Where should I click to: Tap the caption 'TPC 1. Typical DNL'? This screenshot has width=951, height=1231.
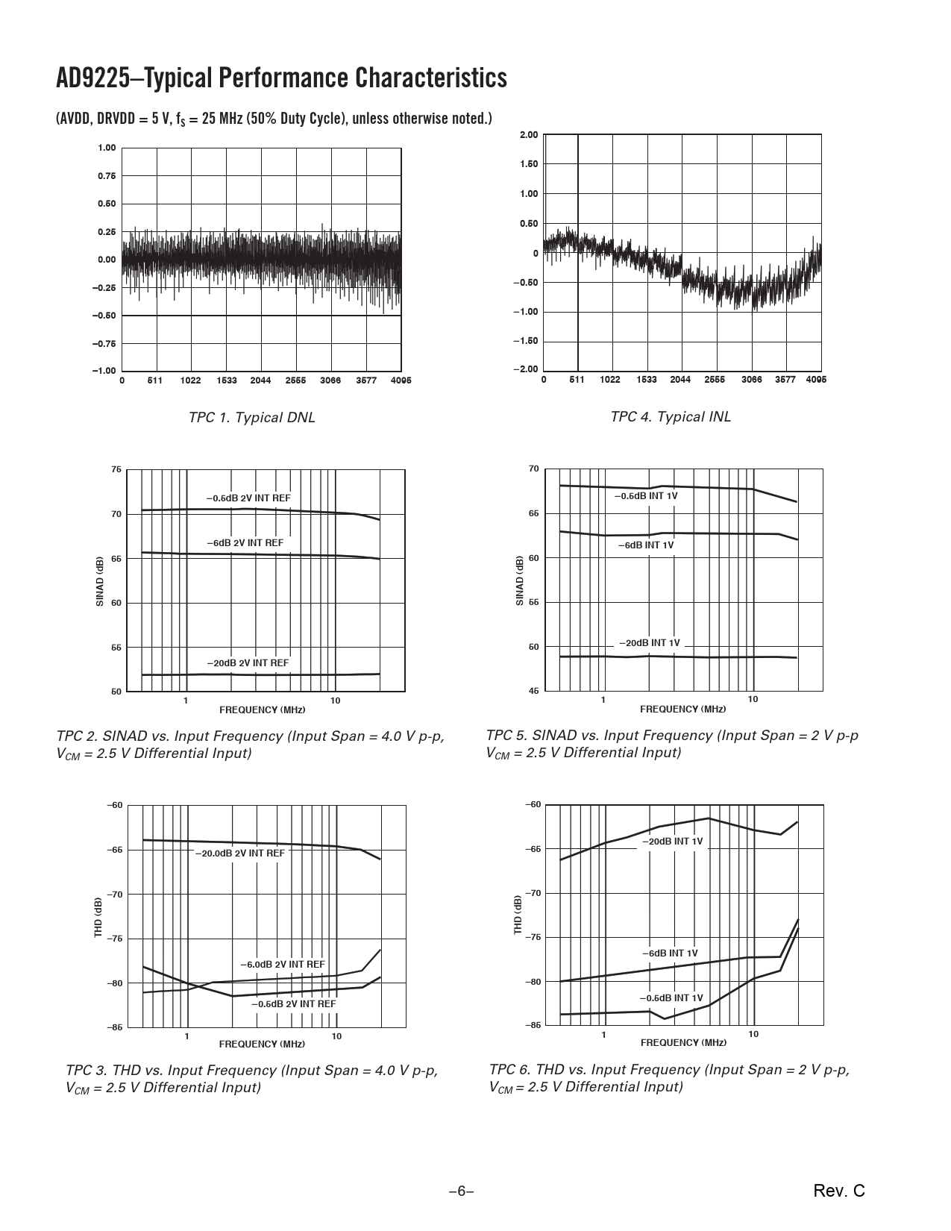tap(251, 417)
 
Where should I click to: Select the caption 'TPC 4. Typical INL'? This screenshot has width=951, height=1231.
tap(671, 416)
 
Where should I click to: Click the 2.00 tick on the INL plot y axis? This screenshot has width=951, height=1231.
tap(529, 134)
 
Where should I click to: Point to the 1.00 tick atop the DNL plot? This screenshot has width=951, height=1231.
tap(107, 148)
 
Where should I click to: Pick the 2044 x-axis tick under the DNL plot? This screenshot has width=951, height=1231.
tap(260, 380)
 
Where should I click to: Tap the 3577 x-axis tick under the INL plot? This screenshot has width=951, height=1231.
tap(785, 380)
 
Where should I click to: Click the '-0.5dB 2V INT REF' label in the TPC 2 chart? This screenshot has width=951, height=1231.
tap(248, 498)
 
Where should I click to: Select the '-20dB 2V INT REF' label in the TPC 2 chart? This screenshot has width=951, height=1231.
tap(248, 663)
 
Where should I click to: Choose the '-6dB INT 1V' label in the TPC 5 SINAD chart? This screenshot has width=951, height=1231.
tap(645, 545)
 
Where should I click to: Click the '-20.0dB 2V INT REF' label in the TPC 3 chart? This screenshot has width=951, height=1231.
tap(239, 853)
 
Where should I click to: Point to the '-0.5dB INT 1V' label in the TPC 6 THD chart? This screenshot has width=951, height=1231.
tap(671, 997)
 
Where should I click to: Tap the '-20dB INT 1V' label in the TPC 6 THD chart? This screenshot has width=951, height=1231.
tap(672, 841)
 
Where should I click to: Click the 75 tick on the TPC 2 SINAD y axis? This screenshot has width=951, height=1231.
tap(116, 470)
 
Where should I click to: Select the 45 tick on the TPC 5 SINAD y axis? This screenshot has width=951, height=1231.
tap(533, 691)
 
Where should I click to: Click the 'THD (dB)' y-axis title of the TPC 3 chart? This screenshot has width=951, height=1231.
tap(98, 917)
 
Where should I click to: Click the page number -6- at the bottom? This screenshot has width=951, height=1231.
tap(461, 1191)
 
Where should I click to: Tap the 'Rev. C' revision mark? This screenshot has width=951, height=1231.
tap(839, 1191)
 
